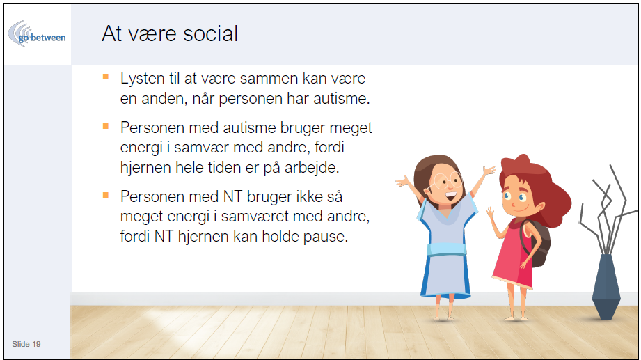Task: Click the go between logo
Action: [x=37, y=33]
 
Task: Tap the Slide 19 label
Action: [x=26, y=344]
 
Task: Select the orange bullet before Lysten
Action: [x=106, y=77]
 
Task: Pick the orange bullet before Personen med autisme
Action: [x=106, y=126]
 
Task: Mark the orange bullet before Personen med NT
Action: [x=106, y=195]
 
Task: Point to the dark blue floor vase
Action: [x=606, y=286]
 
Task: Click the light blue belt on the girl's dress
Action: [x=446, y=249]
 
